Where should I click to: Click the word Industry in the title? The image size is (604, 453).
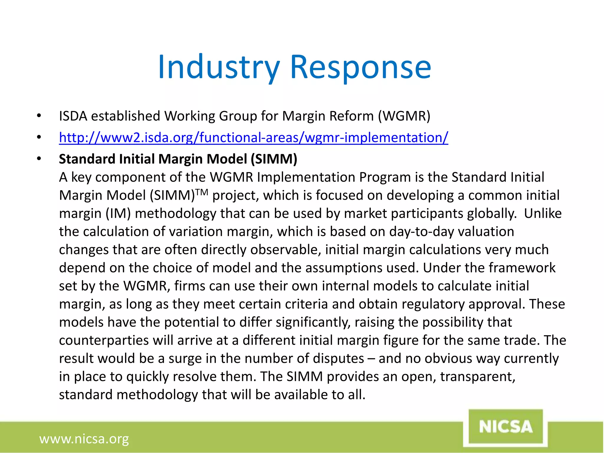point(219,67)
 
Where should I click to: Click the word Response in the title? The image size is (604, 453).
point(361,67)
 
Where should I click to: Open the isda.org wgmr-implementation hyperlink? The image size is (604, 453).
point(253,137)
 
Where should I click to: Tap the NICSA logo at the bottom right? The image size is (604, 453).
point(505,427)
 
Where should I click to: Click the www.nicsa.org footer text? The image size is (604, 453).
point(84,439)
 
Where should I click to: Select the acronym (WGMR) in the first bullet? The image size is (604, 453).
point(404,116)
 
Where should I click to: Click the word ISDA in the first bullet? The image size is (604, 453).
point(73,116)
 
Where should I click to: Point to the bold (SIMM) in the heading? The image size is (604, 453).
point(274,159)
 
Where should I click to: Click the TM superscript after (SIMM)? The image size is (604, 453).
point(202,193)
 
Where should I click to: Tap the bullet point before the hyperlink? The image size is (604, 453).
point(39,137)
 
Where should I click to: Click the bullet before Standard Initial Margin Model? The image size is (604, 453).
point(39,159)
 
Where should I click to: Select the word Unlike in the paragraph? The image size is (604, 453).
point(543,213)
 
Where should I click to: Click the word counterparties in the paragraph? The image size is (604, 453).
point(104,340)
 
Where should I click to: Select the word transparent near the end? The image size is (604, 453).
point(477,377)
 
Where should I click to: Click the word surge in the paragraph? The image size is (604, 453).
point(185,359)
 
